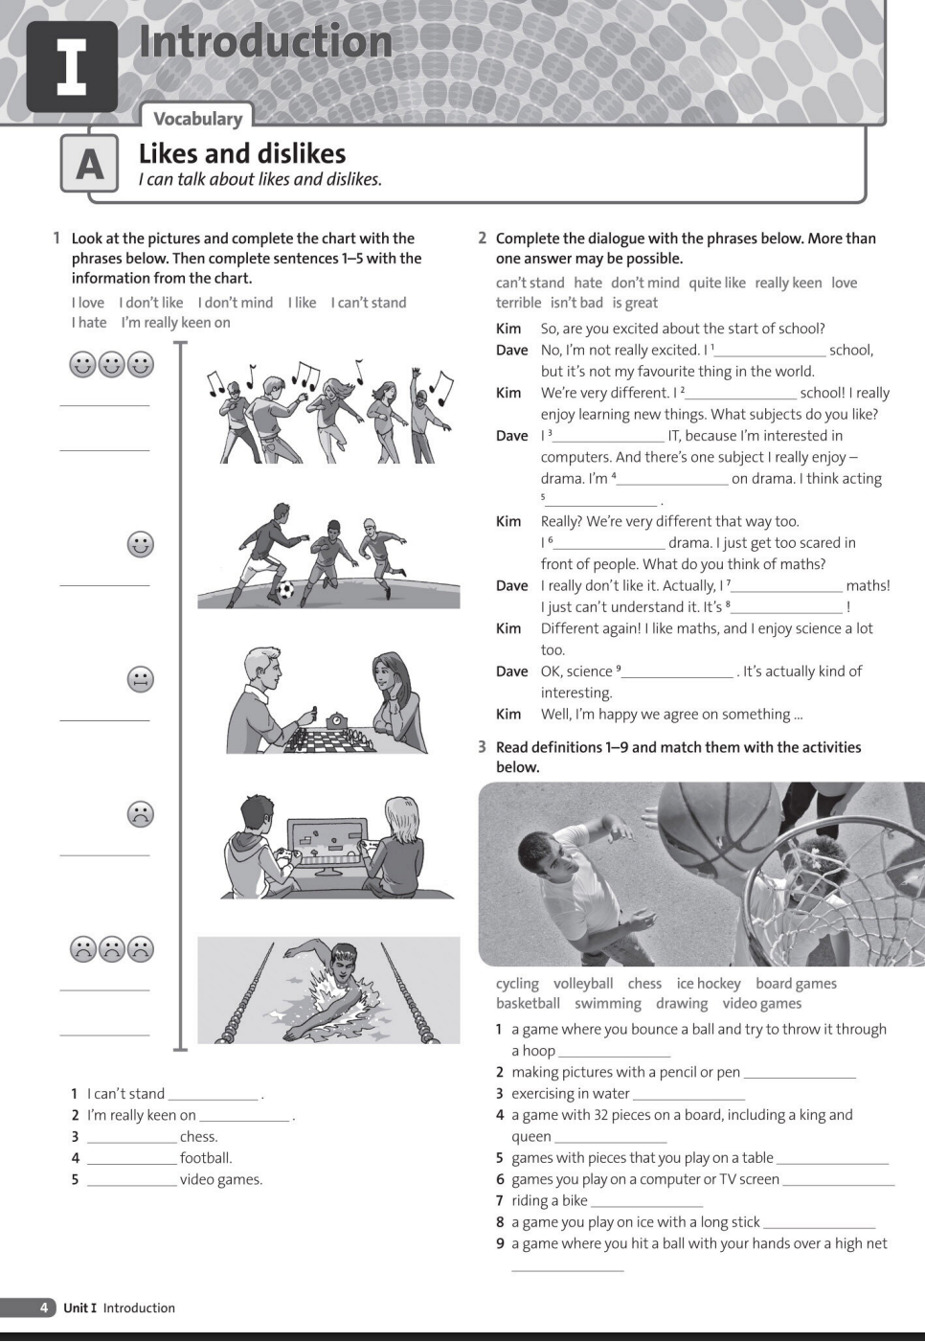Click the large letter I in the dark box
(72, 68)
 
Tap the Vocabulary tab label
(198, 119)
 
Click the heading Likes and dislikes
(242, 153)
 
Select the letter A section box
(90, 164)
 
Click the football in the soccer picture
(285, 590)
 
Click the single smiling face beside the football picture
(141, 544)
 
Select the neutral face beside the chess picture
(141, 679)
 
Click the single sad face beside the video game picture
(141, 814)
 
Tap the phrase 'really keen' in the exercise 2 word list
(788, 283)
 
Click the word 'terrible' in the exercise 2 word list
(518, 303)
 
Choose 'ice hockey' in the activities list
(709, 984)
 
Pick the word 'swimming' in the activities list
(608, 1004)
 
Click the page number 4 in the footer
(44, 1308)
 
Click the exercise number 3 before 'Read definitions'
(483, 747)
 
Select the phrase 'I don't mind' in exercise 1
(236, 303)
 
